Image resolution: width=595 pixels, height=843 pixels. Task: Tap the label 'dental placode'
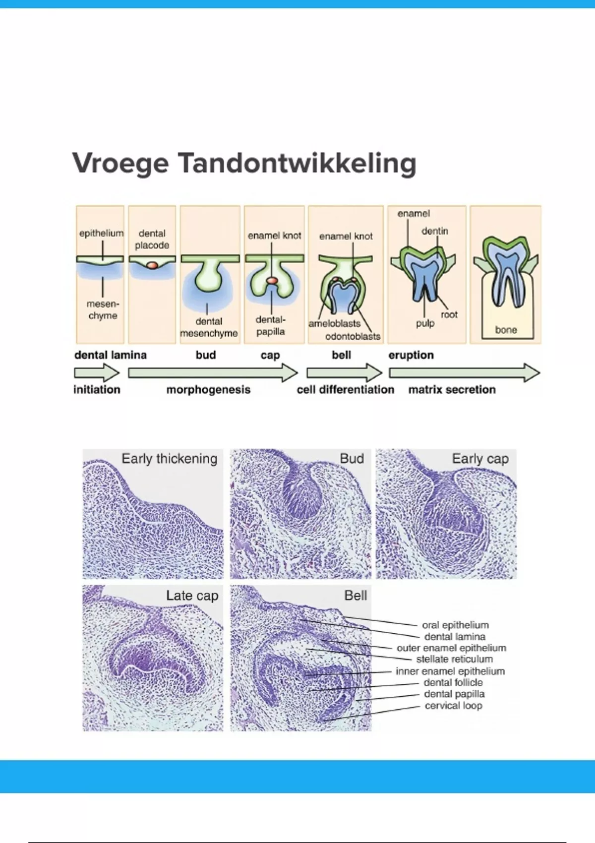[x=152, y=240]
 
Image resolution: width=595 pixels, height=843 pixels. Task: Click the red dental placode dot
[x=152, y=265]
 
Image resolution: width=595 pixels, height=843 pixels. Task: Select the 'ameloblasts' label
[x=335, y=323]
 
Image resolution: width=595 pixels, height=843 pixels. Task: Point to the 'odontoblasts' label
[x=353, y=336]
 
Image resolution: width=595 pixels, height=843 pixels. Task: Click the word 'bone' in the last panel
[x=506, y=330]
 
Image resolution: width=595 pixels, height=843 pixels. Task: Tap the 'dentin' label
[x=435, y=231]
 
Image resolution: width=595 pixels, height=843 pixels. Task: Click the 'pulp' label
[x=425, y=323]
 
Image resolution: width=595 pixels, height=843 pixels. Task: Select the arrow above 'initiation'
[x=97, y=373]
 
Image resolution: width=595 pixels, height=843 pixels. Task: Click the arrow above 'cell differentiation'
[x=344, y=373]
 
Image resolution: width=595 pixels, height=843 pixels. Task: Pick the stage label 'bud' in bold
[x=206, y=355]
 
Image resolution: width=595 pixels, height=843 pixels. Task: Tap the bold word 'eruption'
[x=411, y=355]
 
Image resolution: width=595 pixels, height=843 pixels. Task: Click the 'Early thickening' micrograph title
[x=170, y=459]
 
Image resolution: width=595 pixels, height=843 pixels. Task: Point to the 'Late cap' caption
[x=192, y=596]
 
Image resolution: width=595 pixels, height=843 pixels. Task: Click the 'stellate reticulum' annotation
[x=454, y=659]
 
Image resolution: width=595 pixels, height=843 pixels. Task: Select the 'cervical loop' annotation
[x=454, y=706]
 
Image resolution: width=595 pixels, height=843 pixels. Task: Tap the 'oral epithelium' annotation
[x=455, y=625]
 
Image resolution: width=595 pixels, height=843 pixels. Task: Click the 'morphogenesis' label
[x=208, y=389]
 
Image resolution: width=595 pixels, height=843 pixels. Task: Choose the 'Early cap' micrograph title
[x=480, y=459]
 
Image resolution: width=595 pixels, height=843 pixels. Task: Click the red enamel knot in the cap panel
[x=271, y=280]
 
